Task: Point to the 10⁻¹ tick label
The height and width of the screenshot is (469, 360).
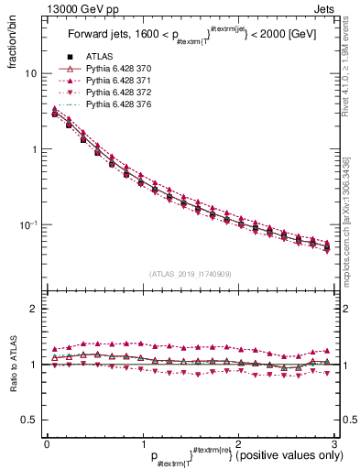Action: pyautogui.click(x=28, y=224)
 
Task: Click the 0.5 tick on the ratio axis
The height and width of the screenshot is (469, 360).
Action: pyautogui.click(x=30, y=420)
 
